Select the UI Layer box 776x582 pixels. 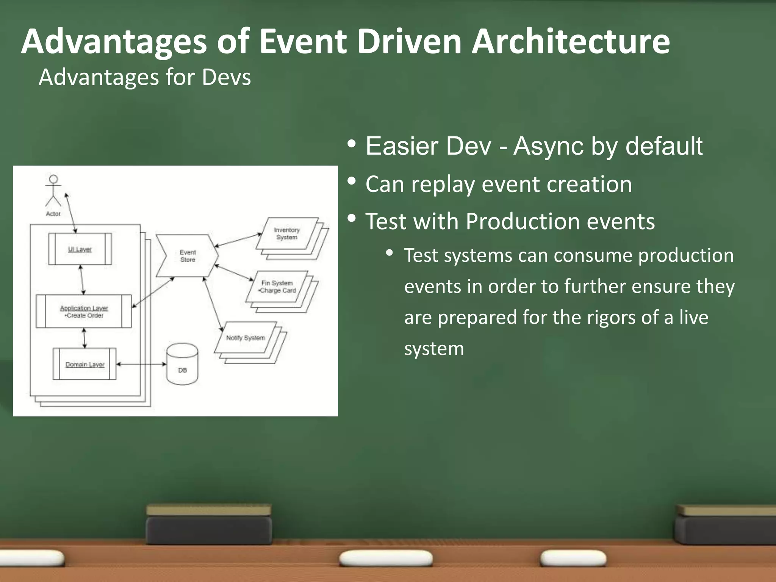(x=80, y=249)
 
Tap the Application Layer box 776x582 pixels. (x=84, y=311)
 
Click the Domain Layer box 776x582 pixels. (x=84, y=364)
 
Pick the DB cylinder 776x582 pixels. (x=182, y=365)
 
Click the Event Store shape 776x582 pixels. (x=188, y=256)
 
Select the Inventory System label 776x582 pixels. (x=287, y=234)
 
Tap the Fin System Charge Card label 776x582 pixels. (x=277, y=287)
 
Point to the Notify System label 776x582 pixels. (x=246, y=338)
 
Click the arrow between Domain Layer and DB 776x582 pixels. (x=141, y=364)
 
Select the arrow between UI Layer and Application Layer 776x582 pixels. (x=82, y=280)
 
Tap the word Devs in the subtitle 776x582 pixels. (x=226, y=77)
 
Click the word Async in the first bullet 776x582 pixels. (x=548, y=146)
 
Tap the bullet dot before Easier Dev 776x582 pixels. (x=352, y=144)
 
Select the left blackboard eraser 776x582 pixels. (x=209, y=525)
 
